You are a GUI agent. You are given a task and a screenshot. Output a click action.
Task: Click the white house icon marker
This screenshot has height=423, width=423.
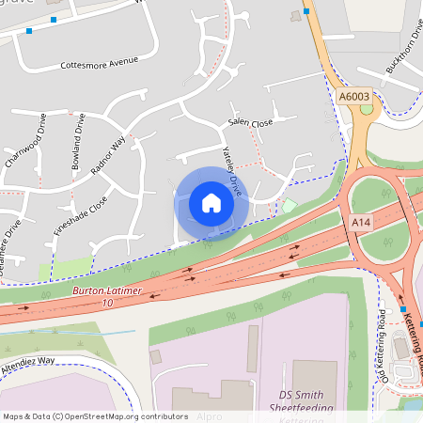211,203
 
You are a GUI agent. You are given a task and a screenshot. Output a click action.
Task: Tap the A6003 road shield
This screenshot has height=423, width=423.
354,96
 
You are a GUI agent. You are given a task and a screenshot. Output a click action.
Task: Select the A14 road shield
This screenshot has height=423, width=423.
361,222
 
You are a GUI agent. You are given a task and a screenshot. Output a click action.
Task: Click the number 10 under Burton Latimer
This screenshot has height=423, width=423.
106,304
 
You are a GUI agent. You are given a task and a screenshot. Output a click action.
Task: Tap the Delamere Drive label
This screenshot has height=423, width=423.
11,242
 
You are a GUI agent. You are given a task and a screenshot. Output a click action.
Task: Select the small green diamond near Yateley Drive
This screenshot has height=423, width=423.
290,205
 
